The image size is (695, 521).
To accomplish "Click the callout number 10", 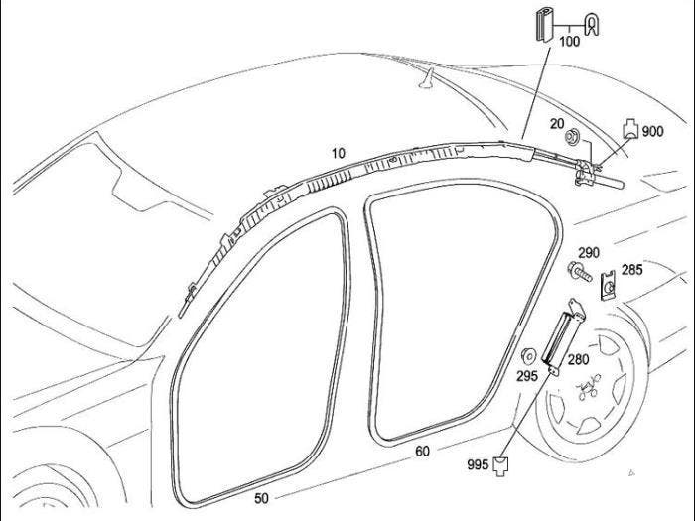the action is tap(339, 153).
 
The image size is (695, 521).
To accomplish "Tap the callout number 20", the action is tap(557, 124).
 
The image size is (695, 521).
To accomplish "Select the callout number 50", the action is tap(261, 498).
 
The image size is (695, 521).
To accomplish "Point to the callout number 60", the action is tap(422, 451).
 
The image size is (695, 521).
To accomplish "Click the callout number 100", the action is tap(570, 42).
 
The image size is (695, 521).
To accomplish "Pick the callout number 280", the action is tap(579, 359).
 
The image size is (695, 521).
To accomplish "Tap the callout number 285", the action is tap(632, 269).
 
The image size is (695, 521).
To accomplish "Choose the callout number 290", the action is tap(589, 253).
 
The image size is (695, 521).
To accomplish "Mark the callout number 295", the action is tap(527, 376).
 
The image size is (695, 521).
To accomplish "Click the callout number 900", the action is tap(653, 131).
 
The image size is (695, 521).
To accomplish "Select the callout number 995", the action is tap(478, 464).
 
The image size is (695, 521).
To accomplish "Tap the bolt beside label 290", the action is tap(580, 271).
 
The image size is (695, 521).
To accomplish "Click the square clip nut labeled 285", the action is tap(609, 286).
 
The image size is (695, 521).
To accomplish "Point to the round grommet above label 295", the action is tap(529, 355).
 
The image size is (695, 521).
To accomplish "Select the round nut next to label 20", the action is tap(571, 136).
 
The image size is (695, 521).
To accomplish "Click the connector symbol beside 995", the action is tap(501, 465).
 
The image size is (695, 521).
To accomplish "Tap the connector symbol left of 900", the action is tap(631, 128).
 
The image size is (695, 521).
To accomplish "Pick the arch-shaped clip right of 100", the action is tap(591, 25).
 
